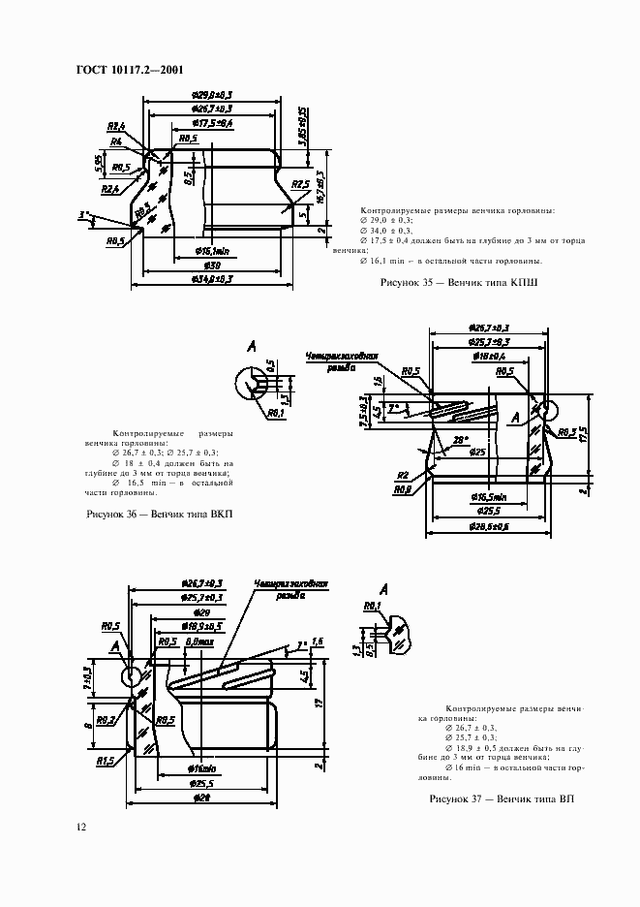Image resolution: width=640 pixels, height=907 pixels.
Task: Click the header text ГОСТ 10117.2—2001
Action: click(x=129, y=69)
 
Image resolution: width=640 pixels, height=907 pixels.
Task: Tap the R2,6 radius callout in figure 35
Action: click(x=118, y=126)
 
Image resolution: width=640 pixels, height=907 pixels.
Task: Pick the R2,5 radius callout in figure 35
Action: click(x=300, y=183)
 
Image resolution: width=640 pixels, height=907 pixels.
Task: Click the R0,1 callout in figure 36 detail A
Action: click(x=275, y=413)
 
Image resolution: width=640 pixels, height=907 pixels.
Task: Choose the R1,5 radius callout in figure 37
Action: click(x=106, y=762)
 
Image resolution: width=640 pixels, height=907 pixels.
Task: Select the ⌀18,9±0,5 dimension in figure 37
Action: click(x=202, y=627)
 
